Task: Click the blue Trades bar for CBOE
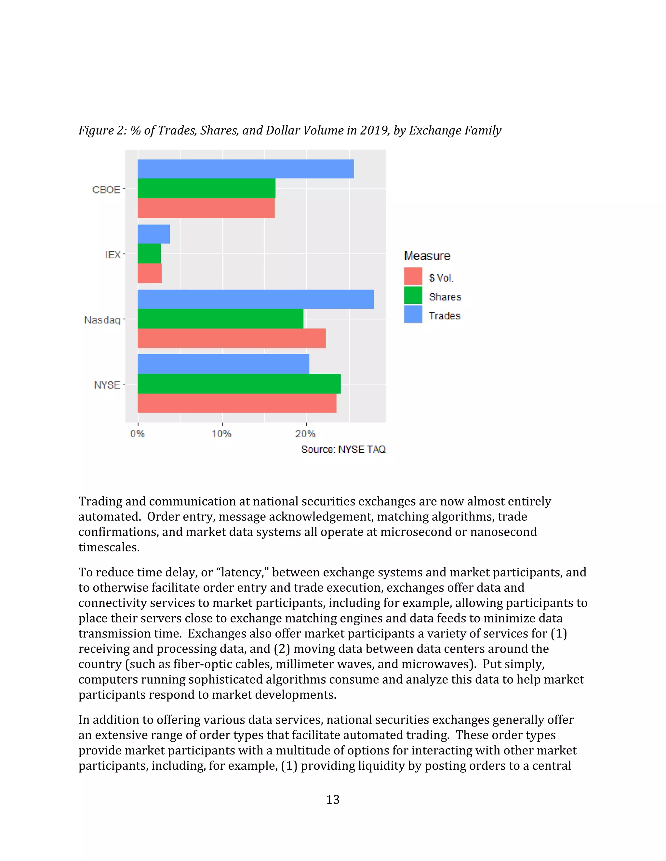(x=246, y=169)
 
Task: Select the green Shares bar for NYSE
(x=239, y=384)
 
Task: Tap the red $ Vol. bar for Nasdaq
(x=231, y=338)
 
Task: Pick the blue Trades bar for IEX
(x=153, y=234)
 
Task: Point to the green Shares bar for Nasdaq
(x=220, y=318)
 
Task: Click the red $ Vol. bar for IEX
(x=150, y=273)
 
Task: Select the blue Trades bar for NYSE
(x=223, y=364)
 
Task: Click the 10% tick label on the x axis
(x=221, y=434)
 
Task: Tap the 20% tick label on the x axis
(x=305, y=434)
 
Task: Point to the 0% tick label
(x=137, y=434)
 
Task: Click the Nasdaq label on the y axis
(x=102, y=320)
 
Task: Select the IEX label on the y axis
(x=113, y=255)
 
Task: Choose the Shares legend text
(x=445, y=297)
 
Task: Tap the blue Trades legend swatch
(x=413, y=314)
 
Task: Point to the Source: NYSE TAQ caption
(x=343, y=449)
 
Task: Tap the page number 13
(x=333, y=800)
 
